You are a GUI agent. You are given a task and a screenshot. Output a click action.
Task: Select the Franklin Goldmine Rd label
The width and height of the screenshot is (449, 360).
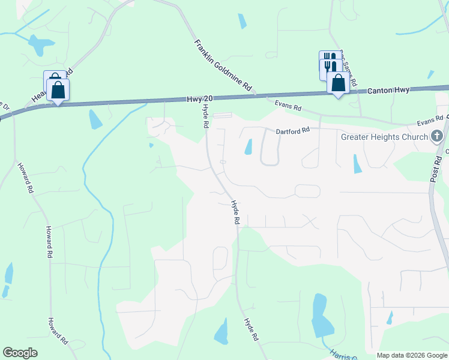tap(223, 65)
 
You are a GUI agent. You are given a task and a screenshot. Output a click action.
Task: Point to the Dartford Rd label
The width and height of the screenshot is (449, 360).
tap(292, 130)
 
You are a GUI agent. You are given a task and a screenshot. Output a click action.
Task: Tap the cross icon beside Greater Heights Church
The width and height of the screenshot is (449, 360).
tap(437, 136)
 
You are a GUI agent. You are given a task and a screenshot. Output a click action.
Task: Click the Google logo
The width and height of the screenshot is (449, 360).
tap(20, 352)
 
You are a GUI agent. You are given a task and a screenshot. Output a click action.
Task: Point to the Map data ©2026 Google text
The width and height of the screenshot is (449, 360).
tap(412, 355)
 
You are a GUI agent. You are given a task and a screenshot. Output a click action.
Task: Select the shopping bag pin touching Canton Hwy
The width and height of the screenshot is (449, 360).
tap(338, 83)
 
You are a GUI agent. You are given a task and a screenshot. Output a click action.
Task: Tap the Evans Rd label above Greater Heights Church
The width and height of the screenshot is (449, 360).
tap(429, 122)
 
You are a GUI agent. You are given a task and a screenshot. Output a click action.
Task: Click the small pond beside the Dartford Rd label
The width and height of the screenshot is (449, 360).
tap(249, 146)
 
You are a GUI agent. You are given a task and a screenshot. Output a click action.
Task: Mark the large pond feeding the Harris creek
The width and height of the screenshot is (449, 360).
tap(321, 316)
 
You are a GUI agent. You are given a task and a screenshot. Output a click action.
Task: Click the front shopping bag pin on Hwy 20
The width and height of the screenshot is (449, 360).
tap(58, 91)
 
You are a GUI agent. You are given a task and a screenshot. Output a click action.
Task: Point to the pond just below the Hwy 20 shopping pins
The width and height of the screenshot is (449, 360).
tap(95, 119)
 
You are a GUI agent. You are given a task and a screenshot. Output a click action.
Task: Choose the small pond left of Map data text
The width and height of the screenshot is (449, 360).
tap(390, 317)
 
